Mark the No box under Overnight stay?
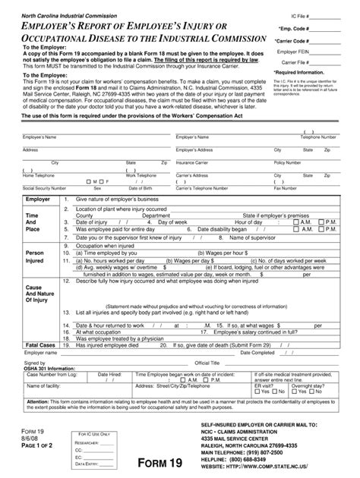tap(327, 391)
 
